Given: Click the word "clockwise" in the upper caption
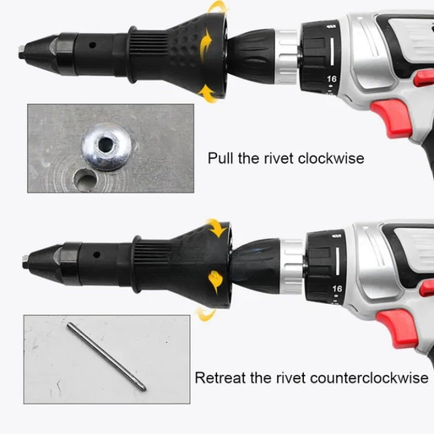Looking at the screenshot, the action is click(x=331, y=159).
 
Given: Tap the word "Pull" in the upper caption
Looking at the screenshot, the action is click(x=220, y=159).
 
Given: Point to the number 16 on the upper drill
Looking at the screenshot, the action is click(x=332, y=79).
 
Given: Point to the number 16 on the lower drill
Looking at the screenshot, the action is click(x=337, y=289).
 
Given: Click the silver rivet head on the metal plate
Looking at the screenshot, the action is click(x=106, y=147).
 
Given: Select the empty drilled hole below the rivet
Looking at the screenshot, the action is click(x=86, y=181).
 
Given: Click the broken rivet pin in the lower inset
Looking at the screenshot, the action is click(x=106, y=357).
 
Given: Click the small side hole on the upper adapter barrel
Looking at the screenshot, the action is click(x=93, y=45).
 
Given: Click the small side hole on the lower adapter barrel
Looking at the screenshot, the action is click(x=96, y=255).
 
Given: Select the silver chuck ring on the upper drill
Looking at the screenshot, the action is click(x=287, y=57).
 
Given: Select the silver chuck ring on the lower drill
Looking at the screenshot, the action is click(x=292, y=267).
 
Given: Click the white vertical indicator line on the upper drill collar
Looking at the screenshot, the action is click(x=332, y=52).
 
